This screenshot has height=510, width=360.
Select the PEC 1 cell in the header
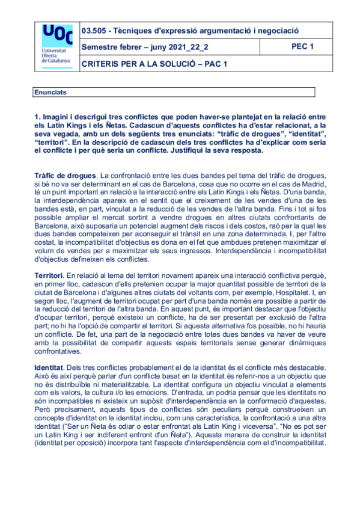click(x=302, y=46)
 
